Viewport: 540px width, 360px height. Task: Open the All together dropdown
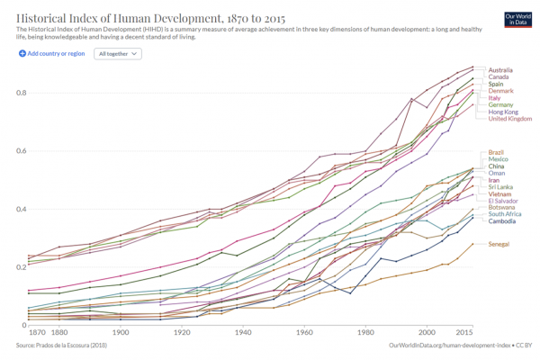tap(118, 54)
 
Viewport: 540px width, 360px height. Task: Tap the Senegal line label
tap(499, 245)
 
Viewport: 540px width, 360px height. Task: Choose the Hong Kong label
tap(504, 112)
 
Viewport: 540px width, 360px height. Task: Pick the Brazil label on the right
tap(497, 152)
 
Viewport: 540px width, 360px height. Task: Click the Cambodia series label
tap(503, 222)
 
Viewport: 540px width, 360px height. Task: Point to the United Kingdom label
tap(509, 119)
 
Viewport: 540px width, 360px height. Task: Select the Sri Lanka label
tap(502, 186)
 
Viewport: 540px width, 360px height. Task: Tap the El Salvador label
tap(504, 199)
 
